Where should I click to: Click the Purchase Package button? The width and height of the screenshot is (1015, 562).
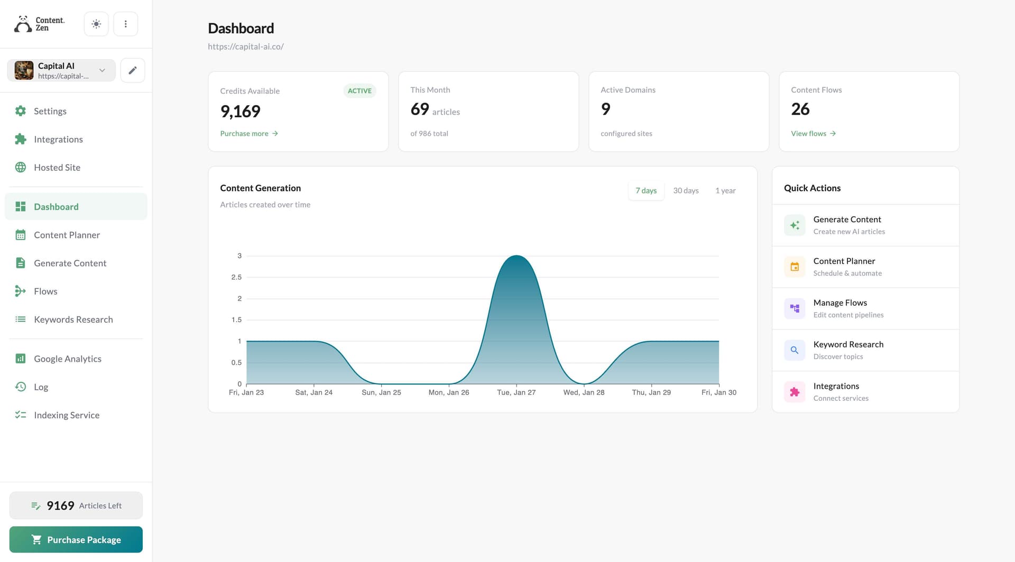76,539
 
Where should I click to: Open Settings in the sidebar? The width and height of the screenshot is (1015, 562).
50,111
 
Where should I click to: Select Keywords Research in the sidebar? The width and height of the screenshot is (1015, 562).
73,320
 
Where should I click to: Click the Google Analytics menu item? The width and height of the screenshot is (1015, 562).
67,359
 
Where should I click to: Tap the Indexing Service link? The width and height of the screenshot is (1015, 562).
66,415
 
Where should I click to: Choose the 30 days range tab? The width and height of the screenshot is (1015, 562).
686,191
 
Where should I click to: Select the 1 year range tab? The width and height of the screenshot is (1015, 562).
725,191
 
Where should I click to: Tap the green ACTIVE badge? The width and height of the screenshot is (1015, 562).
359,91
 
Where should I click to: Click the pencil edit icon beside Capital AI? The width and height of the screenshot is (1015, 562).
133,70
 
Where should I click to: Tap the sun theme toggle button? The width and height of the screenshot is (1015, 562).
96,24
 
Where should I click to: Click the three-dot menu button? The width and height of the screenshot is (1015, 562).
125,24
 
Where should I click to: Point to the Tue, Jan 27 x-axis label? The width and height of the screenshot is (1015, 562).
516,392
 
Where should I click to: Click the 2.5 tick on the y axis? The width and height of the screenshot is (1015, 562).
236,277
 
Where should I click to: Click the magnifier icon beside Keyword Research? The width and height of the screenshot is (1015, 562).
794,350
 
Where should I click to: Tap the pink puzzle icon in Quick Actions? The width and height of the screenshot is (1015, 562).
794,392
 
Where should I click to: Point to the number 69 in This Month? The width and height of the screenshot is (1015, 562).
420,109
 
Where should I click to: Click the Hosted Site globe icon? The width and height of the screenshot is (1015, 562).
21,167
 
